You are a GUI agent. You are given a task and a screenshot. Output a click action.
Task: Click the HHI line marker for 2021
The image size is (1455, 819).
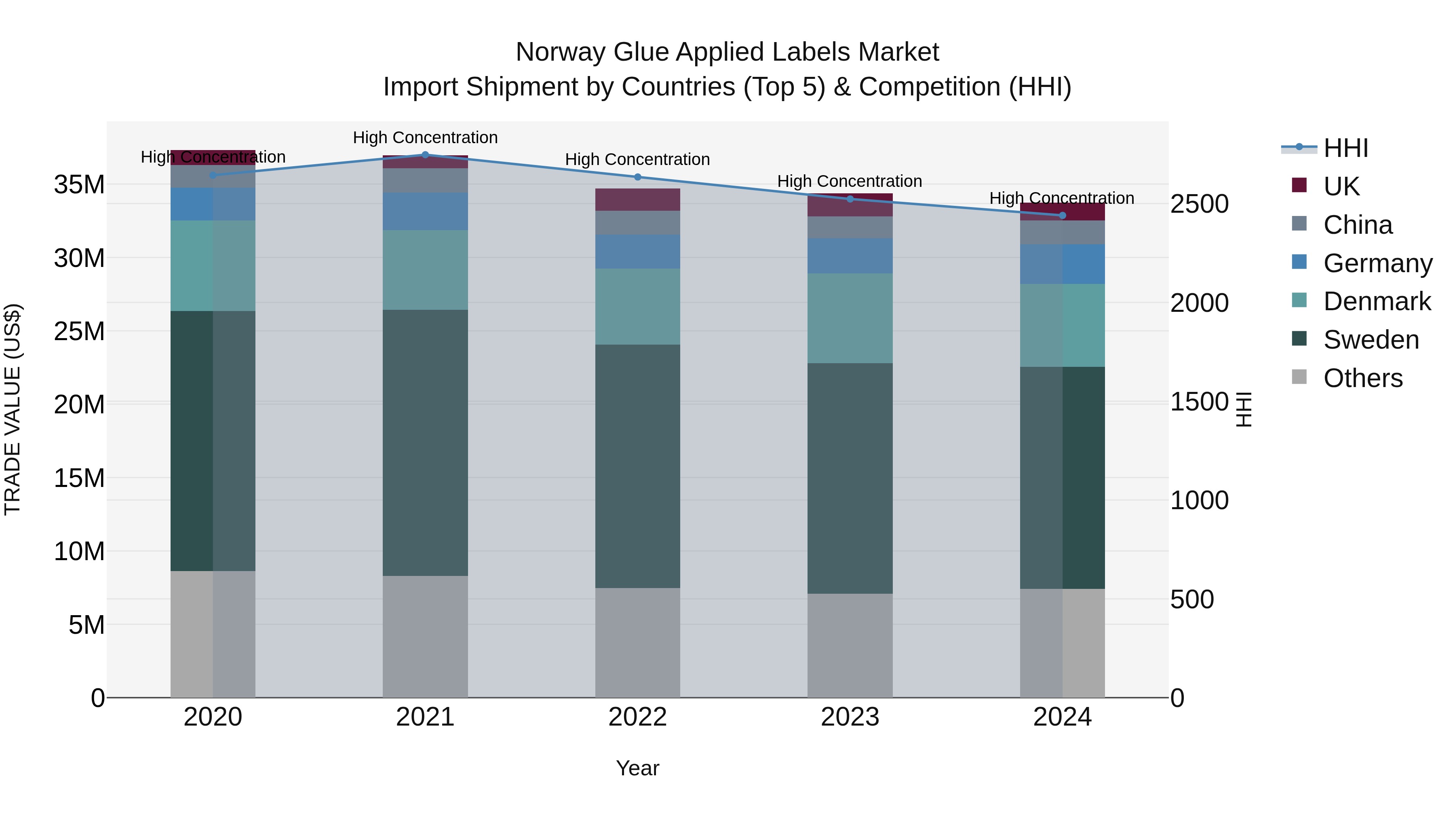pos(425,155)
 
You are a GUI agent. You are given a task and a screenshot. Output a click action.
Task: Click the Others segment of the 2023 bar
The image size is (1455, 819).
pos(850,645)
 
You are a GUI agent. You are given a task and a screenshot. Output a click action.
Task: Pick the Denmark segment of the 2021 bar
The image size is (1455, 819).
pos(425,270)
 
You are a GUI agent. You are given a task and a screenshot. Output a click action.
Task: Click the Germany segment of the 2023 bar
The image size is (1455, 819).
pos(850,256)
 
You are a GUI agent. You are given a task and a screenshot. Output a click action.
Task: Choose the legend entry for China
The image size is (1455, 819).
pos(1357,225)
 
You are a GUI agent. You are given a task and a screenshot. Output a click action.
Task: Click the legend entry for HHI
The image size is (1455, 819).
pos(1345,148)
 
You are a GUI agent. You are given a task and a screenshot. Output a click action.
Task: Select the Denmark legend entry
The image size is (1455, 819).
pos(1377,301)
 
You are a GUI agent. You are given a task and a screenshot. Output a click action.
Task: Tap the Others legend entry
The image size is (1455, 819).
pos(1362,378)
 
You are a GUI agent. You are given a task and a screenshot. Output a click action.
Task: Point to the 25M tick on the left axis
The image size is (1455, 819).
pos(79,331)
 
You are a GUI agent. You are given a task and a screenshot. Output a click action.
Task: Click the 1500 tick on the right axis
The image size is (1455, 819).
pos(1199,402)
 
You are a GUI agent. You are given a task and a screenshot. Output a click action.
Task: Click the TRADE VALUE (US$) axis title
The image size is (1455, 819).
pos(13,409)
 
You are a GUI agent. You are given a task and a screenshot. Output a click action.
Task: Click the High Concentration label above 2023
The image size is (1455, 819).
pos(850,182)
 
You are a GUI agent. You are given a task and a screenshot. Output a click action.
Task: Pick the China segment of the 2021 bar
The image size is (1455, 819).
pos(425,180)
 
